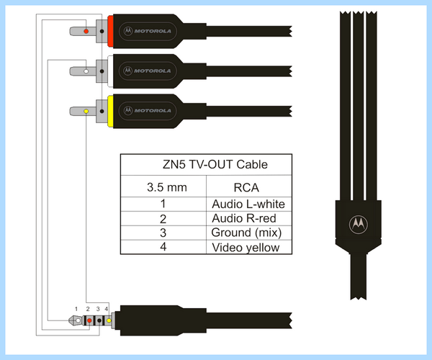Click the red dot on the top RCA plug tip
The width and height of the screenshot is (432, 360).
86,31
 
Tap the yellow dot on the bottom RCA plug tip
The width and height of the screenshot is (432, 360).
86,112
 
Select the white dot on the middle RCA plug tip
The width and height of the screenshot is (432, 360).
86,71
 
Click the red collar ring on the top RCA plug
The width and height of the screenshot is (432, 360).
110,31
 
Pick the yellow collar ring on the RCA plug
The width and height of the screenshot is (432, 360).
110,112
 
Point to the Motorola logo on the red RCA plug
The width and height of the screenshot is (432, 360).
148,31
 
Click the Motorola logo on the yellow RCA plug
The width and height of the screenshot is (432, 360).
148,111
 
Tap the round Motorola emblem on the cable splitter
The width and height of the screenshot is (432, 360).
358,224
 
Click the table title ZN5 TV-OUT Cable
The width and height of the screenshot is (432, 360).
215,164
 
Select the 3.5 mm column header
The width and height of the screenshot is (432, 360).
167,187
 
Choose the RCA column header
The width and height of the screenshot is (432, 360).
246,188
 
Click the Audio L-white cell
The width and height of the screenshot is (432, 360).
248,204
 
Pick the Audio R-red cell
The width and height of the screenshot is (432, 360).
244,218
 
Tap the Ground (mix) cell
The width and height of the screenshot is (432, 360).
246,233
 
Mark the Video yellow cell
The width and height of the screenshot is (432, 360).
246,248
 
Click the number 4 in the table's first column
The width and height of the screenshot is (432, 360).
163,246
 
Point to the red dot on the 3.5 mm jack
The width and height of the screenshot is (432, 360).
89,320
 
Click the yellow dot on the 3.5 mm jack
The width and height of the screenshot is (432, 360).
109,320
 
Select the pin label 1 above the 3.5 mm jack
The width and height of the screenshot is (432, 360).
76,309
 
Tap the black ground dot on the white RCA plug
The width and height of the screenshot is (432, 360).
102,71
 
